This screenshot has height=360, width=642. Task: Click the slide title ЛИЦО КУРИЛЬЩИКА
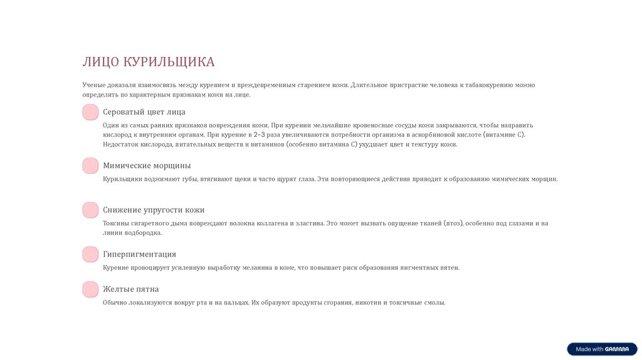148,61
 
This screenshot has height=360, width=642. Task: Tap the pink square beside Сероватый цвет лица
90,112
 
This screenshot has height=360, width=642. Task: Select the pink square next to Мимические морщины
90,166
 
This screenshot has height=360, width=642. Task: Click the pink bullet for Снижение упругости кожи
90,210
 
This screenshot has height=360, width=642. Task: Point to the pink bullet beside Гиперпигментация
90,254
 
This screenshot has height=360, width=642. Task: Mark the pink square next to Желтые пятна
90,289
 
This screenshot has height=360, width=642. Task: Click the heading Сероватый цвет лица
144,112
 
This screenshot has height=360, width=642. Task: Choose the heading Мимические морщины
147,166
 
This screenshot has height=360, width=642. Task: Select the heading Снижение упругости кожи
154,210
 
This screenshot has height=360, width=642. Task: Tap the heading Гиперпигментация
139,254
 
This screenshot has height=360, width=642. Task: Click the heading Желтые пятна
130,289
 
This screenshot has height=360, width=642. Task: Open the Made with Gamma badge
602,349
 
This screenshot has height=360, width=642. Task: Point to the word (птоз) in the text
453,223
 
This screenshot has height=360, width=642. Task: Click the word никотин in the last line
368,303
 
